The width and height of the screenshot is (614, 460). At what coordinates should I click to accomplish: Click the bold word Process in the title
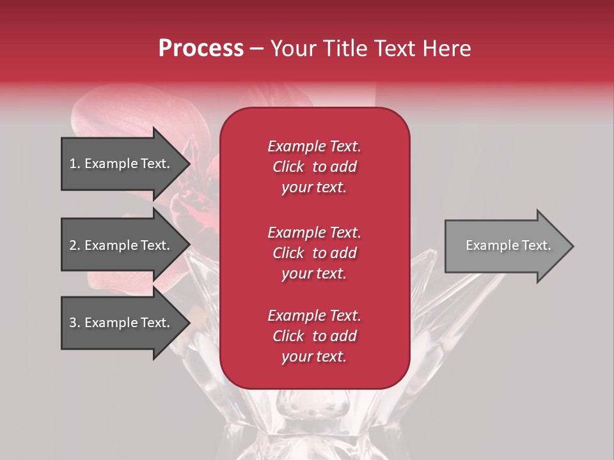[201, 49]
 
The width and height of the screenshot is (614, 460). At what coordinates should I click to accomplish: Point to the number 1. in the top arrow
[75, 164]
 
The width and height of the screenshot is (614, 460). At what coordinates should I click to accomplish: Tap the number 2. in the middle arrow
[75, 245]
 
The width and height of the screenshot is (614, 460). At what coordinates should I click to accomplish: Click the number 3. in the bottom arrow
[75, 323]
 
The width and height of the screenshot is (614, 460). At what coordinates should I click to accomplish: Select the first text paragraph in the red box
[314, 167]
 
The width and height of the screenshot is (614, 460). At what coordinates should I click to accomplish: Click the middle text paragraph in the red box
[314, 253]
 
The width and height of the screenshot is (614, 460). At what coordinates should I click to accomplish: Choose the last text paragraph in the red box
[314, 336]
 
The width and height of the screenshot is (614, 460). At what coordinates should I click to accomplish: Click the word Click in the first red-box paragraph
[288, 167]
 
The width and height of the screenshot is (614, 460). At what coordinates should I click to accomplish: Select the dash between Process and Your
[256, 49]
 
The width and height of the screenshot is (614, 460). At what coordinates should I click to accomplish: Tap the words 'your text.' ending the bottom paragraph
[314, 356]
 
